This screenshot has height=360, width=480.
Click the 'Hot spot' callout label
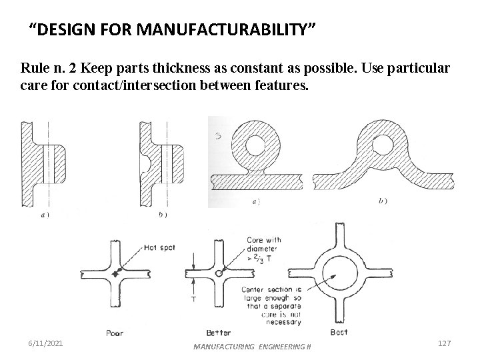(159, 247)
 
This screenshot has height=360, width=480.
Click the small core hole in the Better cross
(220, 273)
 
